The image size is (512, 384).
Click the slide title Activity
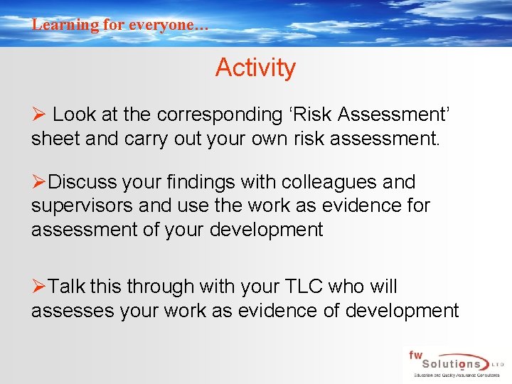pyautogui.click(x=255, y=68)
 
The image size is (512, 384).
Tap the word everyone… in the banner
pyautogui.click(x=173, y=24)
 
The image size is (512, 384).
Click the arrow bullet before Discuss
pyautogui.click(x=38, y=182)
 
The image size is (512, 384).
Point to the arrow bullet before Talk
pyautogui.click(x=38, y=287)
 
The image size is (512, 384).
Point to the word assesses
pyautogui.click(x=79, y=310)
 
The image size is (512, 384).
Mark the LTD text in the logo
pyautogui.click(x=499, y=363)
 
